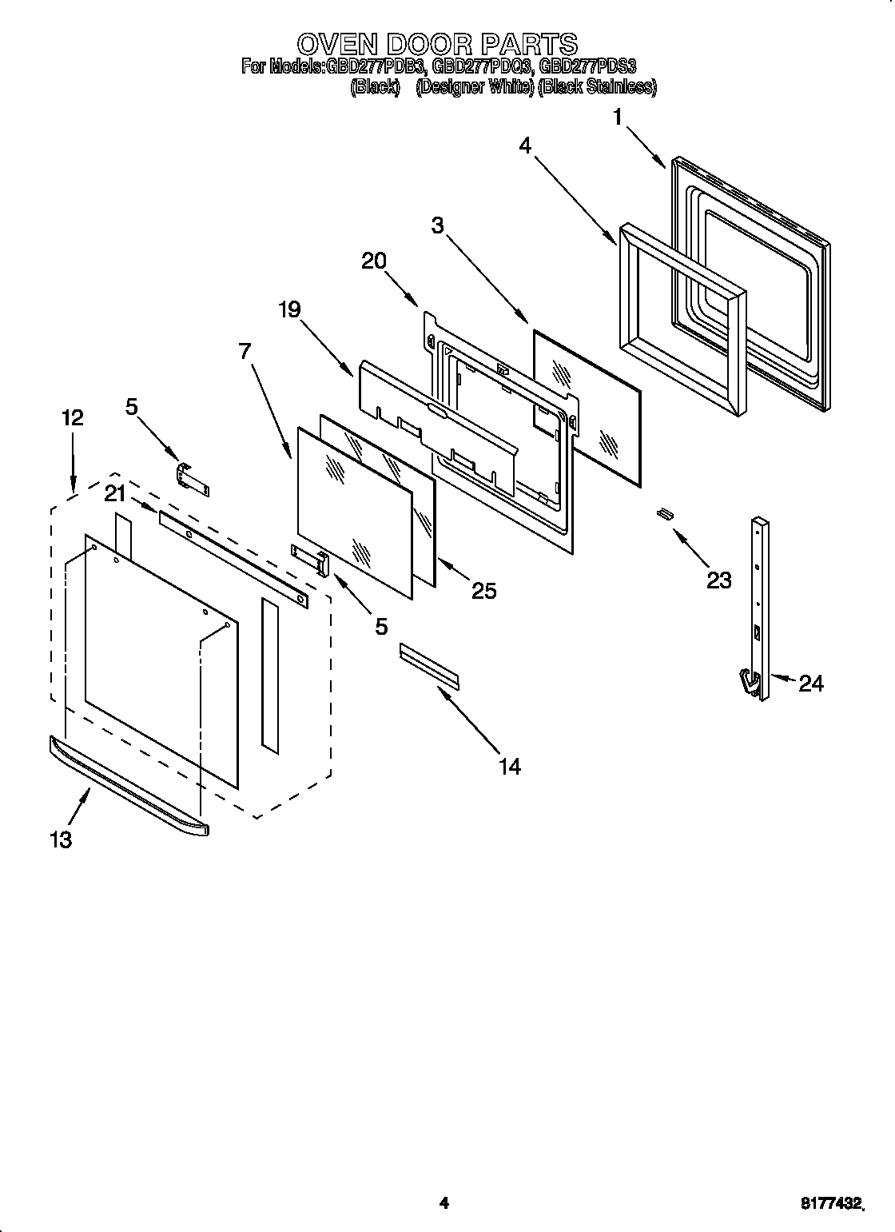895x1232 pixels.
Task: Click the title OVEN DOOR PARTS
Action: point(436,42)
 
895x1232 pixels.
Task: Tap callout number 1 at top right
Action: point(617,118)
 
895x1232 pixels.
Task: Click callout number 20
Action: point(374,261)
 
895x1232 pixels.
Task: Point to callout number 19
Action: point(289,309)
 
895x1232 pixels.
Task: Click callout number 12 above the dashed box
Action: point(72,417)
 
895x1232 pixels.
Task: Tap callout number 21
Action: point(116,495)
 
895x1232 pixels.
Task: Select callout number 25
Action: point(483,591)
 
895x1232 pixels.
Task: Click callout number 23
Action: point(718,580)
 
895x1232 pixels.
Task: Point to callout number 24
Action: point(810,683)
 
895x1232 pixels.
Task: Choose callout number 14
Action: point(509,766)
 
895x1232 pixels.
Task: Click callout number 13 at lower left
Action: point(61,839)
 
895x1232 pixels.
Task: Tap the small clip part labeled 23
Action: point(662,514)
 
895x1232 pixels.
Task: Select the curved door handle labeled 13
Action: point(128,787)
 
